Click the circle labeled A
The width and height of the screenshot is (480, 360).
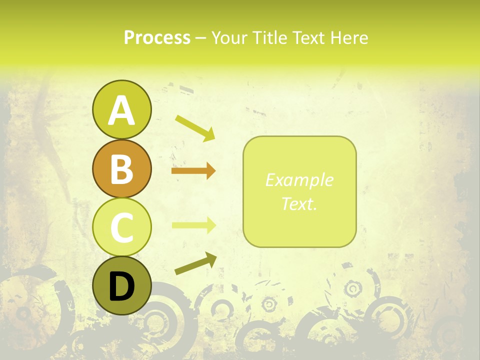tap(121, 109)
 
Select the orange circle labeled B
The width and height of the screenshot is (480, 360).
tap(121, 168)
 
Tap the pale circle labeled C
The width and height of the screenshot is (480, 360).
tap(121, 227)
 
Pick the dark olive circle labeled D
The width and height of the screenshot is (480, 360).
tap(121, 285)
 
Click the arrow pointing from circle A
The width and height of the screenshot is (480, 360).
tap(195, 127)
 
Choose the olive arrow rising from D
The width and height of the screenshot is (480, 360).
tap(195, 263)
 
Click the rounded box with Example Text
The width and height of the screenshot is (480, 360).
tap(299, 192)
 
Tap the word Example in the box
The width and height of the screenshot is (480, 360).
tap(299, 180)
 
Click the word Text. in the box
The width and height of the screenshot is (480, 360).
tap(299, 203)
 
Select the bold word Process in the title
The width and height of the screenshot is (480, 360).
tap(157, 37)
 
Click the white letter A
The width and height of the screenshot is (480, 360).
tap(121, 110)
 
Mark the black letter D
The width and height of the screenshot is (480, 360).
tap(121, 286)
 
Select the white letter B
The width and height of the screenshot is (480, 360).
tap(121, 169)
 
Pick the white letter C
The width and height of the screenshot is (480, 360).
tap(121, 227)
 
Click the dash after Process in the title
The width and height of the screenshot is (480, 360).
tap(200, 38)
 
